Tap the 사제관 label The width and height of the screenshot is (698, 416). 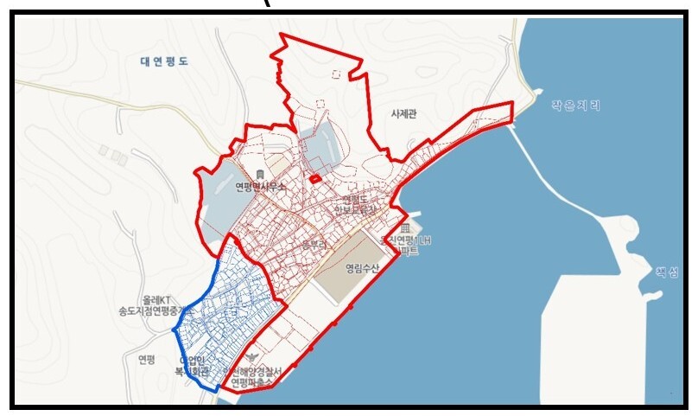403,114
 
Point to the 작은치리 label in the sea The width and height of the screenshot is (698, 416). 575,106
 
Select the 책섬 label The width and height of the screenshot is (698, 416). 668,271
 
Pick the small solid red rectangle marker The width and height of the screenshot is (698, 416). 316,179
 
